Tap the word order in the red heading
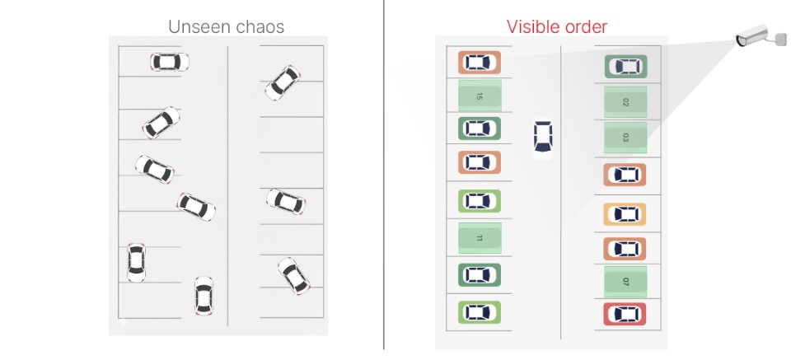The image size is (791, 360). click(584, 26)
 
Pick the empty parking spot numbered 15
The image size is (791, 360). click(480, 96)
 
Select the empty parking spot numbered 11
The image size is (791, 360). click(480, 238)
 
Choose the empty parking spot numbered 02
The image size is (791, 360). click(625, 102)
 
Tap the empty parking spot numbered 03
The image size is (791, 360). click(625, 137)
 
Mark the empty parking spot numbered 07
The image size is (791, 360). click(625, 282)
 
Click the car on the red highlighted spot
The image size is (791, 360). click(625, 314)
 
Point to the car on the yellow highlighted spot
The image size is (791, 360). click(625, 214)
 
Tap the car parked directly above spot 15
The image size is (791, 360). click(480, 63)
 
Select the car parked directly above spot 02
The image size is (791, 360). click(626, 67)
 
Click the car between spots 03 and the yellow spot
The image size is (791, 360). click(625, 175)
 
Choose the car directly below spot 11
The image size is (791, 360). click(480, 275)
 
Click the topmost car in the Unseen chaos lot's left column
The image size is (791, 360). click(170, 62)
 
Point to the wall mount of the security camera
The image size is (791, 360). click(780, 39)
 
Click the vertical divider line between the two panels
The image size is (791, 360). click(384, 175)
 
